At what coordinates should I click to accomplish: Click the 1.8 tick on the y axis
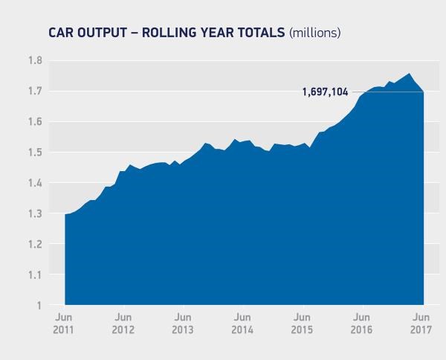[34, 60]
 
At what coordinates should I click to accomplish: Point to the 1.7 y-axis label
[34, 91]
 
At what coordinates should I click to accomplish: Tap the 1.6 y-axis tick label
[34, 122]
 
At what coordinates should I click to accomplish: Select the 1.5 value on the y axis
[34, 152]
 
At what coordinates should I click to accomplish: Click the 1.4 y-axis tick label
[34, 183]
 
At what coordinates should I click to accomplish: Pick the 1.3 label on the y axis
[34, 213]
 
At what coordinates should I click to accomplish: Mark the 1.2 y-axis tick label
[34, 244]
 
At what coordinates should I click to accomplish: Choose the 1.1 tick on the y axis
[34, 274]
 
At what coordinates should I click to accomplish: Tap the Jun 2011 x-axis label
[65, 324]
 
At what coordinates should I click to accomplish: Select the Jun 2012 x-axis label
[123, 324]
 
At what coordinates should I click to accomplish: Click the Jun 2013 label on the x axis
[183, 324]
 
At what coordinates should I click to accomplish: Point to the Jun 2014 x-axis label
[242, 324]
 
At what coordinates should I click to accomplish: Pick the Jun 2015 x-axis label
[301, 324]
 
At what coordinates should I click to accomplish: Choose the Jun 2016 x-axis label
[361, 324]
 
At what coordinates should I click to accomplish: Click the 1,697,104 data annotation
[325, 92]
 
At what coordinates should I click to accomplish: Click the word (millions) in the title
[314, 33]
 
